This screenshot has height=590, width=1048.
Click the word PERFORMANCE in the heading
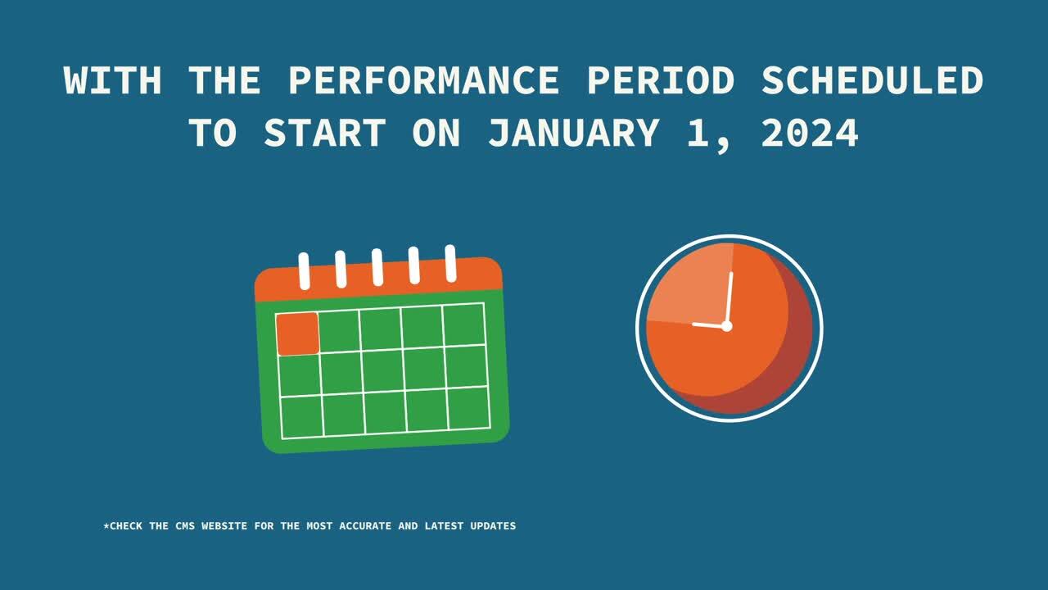(x=424, y=80)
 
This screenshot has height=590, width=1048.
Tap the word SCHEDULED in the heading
(x=873, y=80)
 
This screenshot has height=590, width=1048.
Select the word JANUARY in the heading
(x=574, y=133)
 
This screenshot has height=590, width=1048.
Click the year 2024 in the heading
(x=810, y=133)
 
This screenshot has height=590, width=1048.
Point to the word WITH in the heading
(x=113, y=80)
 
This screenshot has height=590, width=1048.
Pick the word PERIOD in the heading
(x=661, y=80)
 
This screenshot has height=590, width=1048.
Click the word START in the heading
(x=325, y=133)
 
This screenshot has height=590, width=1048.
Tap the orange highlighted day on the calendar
(x=297, y=334)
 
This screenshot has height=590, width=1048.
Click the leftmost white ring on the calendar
(x=304, y=271)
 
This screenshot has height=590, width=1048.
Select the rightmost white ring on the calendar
(x=450, y=264)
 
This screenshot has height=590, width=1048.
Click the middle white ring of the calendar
(x=377, y=267)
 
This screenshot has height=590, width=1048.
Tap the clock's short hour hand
(x=709, y=325)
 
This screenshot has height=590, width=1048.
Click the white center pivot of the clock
(x=726, y=326)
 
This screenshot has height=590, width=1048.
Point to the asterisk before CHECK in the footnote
(x=106, y=525)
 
